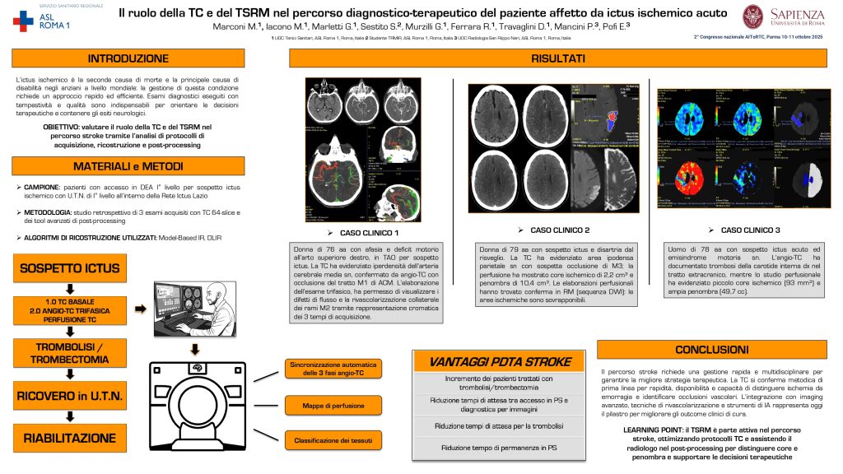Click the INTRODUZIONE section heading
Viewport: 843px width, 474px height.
[x=128, y=58]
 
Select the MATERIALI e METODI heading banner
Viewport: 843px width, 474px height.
[x=128, y=167]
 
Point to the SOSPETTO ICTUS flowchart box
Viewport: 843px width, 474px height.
[x=70, y=268]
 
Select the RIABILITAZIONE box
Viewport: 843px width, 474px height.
[x=70, y=439]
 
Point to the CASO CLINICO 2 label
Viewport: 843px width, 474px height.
[x=560, y=230]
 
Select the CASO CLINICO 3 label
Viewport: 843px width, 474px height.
[x=750, y=230]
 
